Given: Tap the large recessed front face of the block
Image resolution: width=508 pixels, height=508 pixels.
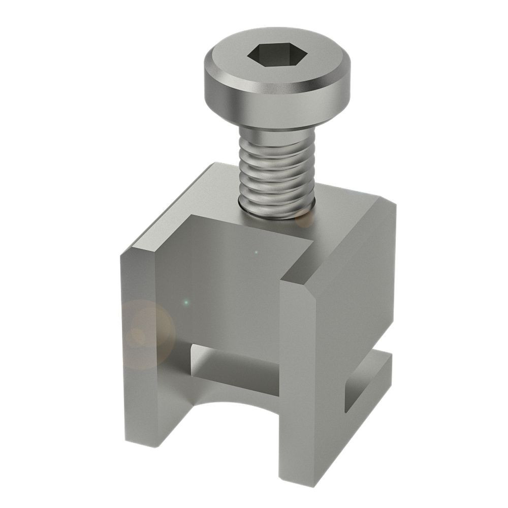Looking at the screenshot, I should coord(229,284).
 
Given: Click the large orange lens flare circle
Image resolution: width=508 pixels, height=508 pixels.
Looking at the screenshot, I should coord(147,333).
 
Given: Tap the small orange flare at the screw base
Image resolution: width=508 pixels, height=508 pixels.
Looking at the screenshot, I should coord(305,217).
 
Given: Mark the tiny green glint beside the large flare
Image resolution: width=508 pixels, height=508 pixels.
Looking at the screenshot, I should coord(186,303).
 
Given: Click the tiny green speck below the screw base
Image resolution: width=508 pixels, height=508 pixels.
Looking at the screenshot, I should coord(256,252).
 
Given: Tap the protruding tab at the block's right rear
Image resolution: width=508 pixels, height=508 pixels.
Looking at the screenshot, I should coord(378,366).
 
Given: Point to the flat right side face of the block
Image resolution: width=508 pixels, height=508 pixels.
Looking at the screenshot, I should coord(356,305).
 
